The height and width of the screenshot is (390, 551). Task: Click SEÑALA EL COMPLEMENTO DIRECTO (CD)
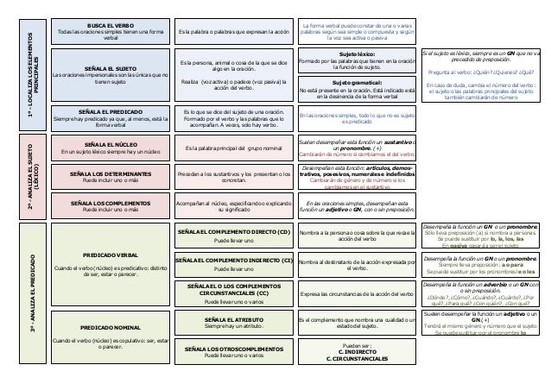[233, 233]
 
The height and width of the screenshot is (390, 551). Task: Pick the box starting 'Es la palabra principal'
[233, 149]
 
